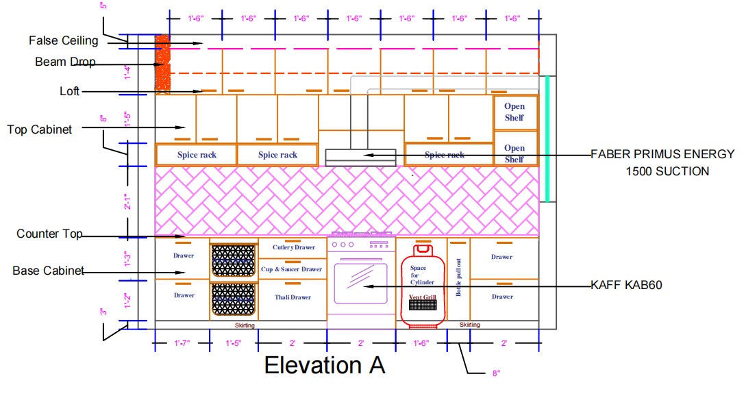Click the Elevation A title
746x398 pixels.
pyautogui.click(x=324, y=365)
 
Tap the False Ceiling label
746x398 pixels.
pyautogui.click(x=63, y=41)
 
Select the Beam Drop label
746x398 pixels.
pyautogui.click(x=65, y=62)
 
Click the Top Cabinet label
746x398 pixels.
pyautogui.click(x=39, y=129)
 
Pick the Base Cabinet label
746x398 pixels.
pyautogui.click(x=48, y=271)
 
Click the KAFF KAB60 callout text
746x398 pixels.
pyautogui.click(x=626, y=285)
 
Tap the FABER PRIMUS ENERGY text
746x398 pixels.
pyautogui.click(x=662, y=155)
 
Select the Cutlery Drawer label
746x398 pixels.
pyautogui.click(x=293, y=247)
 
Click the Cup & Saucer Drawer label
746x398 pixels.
pyautogui.click(x=291, y=269)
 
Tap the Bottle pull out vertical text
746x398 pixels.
pyautogui.click(x=458, y=277)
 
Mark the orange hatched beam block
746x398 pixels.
pyautogui.click(x=162, y=62)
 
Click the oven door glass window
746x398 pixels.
pyautogui.click(x=360, y=283)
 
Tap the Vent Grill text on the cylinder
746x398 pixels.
pyautogui.click(x=423, y=297)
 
